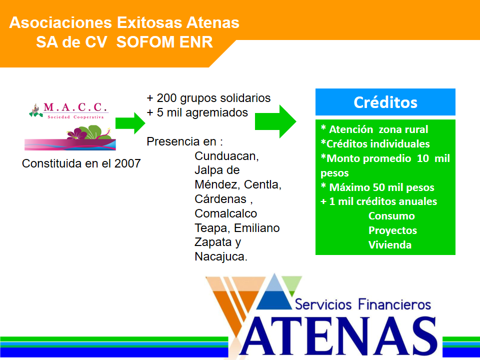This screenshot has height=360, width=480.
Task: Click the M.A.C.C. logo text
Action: click(x=75, y=107)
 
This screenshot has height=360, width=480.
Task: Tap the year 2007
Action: click(x=127, y=163)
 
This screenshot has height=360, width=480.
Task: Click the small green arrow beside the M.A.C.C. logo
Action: click(x=130, y=123)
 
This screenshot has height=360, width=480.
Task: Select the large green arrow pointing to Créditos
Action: click(x=275, y=121)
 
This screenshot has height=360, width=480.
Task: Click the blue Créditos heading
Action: click(x=385, y=102)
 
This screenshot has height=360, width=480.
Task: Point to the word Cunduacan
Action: click(x=225, y=156)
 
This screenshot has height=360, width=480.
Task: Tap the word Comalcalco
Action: click(x=226, y=213)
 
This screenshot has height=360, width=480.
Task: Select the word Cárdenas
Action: click(x=220, y=199)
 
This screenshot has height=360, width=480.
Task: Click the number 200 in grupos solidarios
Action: click(x=166, y=98)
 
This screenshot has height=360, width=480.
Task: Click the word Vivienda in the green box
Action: click(x=389, y=245)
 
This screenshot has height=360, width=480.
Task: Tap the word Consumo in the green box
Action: click(x=391, y=216)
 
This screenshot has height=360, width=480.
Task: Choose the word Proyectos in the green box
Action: click(x=392, y=230)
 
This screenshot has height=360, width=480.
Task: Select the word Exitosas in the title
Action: click(x=149, y=22)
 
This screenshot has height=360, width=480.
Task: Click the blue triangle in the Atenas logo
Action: click(x=274, y=292)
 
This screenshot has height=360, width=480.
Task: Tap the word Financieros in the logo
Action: click(x=394, y=304)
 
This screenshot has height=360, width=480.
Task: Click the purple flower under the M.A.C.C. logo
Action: click(x=76, y=133)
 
